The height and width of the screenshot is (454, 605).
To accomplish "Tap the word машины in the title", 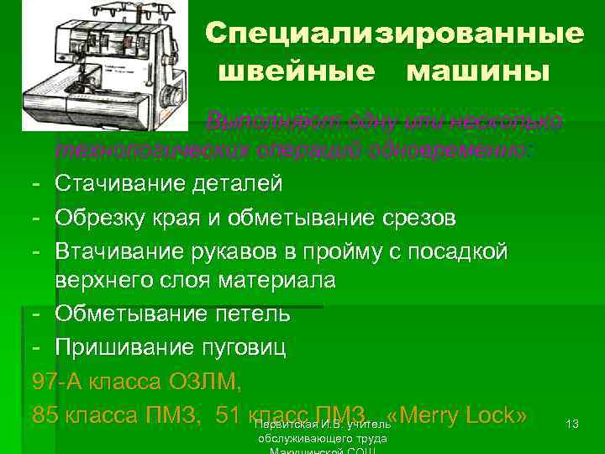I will tap(479, 71).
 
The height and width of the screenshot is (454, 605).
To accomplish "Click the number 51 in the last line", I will tap(229, 415).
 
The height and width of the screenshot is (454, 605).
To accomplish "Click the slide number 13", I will tap(573, 425).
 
